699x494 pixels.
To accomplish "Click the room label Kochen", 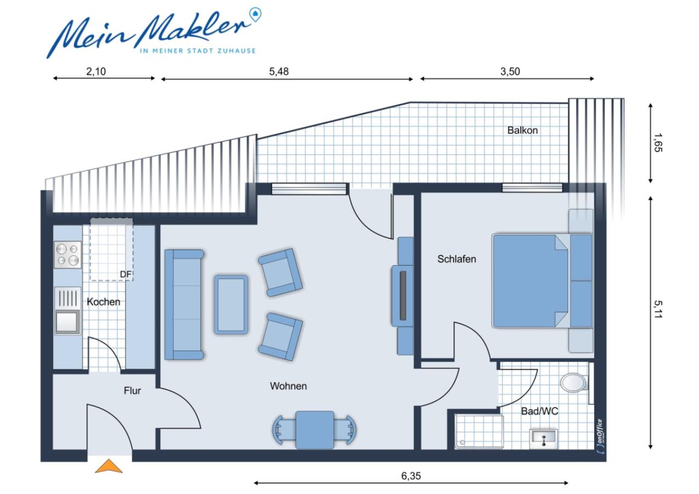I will coord(103,302).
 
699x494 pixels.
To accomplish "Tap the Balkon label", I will coord(522,131).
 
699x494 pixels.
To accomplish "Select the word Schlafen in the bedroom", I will coord(456,259).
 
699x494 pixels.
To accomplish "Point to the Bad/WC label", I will coord(540,411).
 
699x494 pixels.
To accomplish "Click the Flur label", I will coord(132,391).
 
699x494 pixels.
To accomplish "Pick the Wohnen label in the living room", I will coord(288,386).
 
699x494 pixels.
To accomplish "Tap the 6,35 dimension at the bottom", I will coord(411,476).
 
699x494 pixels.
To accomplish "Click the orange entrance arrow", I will coord(109,466).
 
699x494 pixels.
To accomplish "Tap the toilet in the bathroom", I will coord(574,381).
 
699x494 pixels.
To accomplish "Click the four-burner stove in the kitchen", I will coord(67,255).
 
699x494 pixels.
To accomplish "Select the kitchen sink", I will coord(67,322).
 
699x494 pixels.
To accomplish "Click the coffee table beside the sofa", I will coord(231,304).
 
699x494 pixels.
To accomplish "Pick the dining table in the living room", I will coord(314,430).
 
